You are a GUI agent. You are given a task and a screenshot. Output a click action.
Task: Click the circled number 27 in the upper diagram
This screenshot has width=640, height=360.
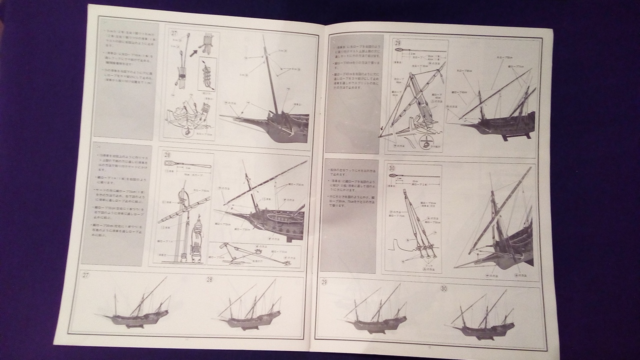[x=174, y=33]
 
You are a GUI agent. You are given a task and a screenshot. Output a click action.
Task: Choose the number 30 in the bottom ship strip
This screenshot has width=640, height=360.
[x=443, y=288]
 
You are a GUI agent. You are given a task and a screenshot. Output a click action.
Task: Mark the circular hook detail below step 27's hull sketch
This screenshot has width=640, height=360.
[x=188, y=132]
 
